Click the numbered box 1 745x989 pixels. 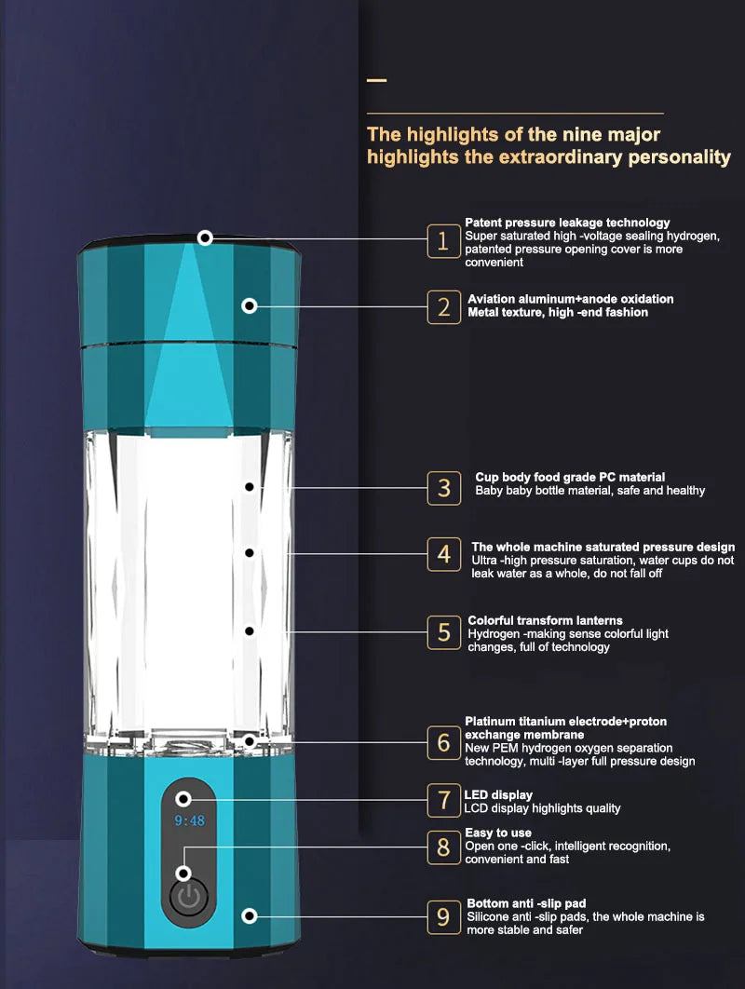click(x=443, y=240)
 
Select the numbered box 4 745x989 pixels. click(x=444, y=554)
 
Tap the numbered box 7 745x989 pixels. click(x=444, y=800)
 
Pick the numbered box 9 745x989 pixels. click(x=444, y=917)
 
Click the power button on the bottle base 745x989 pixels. click(x=189, y=896)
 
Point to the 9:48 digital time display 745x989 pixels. click(x=189, y=820)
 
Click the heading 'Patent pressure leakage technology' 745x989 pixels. click(x=567, y=223)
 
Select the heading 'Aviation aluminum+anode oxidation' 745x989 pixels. click(x=570, y=299)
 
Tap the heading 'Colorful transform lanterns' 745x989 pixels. click(x=545, y=620)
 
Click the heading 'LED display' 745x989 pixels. click(x=498, y=794)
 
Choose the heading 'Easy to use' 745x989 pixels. click(x=498, y=833)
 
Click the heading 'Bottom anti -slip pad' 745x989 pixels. click(x=526, y=903)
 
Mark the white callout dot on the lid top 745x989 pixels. click(x=205, y=237)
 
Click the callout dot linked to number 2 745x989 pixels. click(x=250, y=305)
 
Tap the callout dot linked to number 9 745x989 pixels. click(x=250, y=915)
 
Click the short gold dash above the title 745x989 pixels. click(x=376, y=80)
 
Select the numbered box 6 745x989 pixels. click(x=444, y=742)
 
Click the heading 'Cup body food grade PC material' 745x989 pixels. click(x=570, y=477)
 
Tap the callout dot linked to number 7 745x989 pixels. click(x=183, y=799)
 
